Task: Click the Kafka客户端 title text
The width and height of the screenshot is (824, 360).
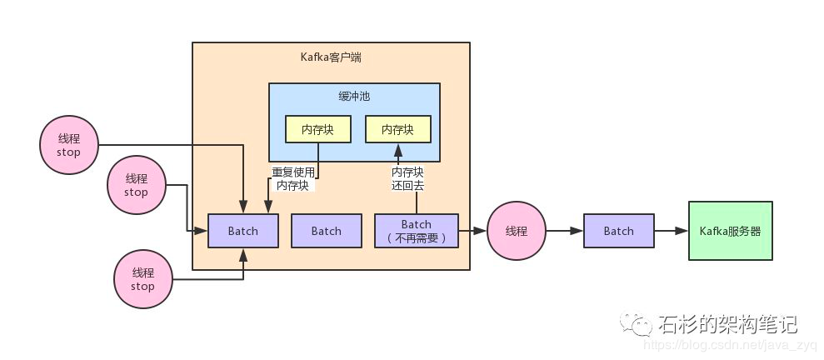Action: pyautogui.click(x=331, y=57)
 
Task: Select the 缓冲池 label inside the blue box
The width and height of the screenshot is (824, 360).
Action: pyautogui.click(x=354, y=97)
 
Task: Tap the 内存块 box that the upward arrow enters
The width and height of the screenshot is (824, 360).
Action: pyautogui.click(x=398, y=129)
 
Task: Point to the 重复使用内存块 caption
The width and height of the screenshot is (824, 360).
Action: pyautogui.click(x=293, y=179)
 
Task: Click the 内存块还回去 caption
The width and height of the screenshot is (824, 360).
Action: pyautogui.click(x=407, y=179)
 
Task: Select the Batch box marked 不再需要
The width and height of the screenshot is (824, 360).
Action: pyautogui.click(x=417, y=231)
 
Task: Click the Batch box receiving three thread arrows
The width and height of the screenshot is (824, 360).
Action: pyautogui.click(x=242, y=231)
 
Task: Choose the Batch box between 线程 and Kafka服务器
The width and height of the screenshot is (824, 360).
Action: pyautogui.click(x=618, y=231)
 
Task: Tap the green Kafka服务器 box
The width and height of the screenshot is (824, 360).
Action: pyautogui.click(x=730, y=231)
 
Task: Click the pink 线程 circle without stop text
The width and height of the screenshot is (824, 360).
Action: pyautogui.click(x=517, y=231)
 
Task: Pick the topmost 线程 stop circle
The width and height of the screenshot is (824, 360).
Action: pyautogui.click(x=68, y=146)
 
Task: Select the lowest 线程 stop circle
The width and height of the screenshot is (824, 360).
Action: pyautogui.click(x=142, y=279)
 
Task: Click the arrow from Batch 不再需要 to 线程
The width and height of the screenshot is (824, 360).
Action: pyautogui.click(x=472, y=231)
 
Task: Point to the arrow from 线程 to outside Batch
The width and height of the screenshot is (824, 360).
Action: pyautogui.click(x=564, y=231)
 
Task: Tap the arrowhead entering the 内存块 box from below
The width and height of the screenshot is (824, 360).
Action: pyautogui.click(x=398, y=149)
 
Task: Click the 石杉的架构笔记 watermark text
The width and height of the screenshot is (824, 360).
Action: pyautogui.click(x=728, y=323)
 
